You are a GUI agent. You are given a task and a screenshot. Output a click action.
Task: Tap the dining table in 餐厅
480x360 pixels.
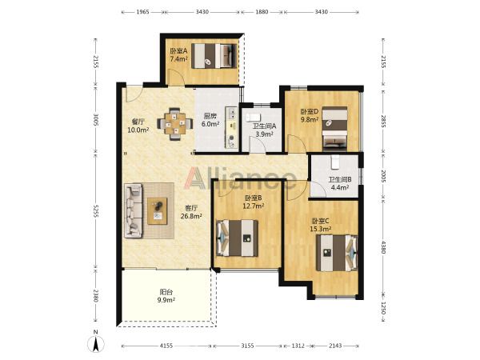[175, 124]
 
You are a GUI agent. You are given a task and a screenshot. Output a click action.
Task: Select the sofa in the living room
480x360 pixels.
[134, 210]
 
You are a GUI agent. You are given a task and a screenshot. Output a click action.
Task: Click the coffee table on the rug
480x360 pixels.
[158, 211]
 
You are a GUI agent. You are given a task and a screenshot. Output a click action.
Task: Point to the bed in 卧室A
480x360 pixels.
[214, 55]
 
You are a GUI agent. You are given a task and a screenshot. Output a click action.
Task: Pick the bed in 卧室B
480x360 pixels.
[237, 238]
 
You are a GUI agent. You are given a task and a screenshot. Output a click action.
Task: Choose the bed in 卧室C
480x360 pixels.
[337, 253]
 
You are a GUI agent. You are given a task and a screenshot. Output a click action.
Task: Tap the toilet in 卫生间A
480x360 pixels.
[253, 118]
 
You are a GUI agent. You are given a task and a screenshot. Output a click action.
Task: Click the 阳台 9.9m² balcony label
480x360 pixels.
[166, 296]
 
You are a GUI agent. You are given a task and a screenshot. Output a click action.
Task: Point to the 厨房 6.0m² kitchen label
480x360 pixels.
[210, 120]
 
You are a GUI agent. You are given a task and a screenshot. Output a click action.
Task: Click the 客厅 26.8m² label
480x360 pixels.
[191, 212]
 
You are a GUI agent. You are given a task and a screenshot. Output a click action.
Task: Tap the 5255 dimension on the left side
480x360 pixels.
[96, 211]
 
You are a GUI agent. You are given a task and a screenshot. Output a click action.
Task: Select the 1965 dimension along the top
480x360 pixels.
[142, 12]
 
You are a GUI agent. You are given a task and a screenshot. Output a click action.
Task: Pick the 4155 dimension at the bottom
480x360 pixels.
[166, 346]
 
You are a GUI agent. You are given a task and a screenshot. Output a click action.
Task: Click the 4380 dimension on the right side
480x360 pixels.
[383, 246]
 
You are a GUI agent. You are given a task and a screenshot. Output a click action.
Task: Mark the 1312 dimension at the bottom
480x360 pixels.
[298, 346]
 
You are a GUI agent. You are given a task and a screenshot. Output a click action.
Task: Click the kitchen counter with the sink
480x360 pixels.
[232, 127]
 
